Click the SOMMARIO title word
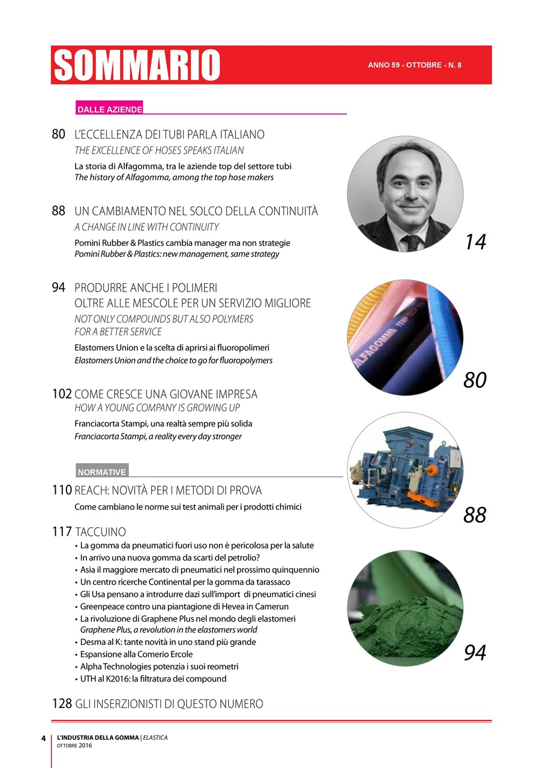(x=137, y=65)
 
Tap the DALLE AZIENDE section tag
(x=109, y=110)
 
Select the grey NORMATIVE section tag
(x=102, y=472)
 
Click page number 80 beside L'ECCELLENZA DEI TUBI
(x=58, y=134)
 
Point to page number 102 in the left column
(x=62, y=394)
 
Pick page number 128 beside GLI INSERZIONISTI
(x=62, y=703)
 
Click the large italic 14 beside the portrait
(x=475, y=242)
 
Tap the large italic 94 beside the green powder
(x=475, y=653)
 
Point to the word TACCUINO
(x=101, y=532)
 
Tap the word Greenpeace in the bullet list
(x=103, y=606)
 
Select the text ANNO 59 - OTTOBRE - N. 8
(x=415, y=65)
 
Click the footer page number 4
(x=43, y=738)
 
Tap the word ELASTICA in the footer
(x=155, y=737)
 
